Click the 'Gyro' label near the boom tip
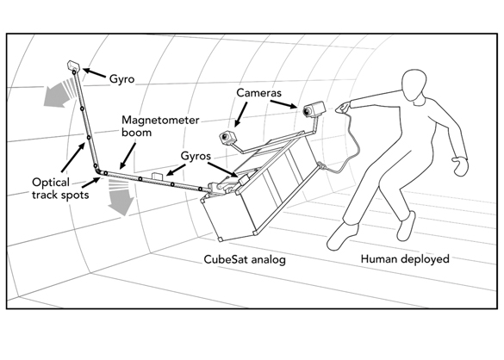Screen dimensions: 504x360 pyautogui.click(x=121, y=79)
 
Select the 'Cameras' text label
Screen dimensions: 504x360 pyautogui.click(x=258, y=93)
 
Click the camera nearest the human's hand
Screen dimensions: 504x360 pyautogui.click(x=314, y=109)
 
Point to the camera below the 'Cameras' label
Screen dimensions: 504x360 pyautogui.click(x=228, y=137)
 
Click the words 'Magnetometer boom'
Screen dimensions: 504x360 pyautogui.click(x=160, y=127)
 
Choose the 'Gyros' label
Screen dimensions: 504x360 pyautogui.click(x=196, y=156)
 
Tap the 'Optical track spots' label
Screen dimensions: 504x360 pyautogui.click(x=60, y=189)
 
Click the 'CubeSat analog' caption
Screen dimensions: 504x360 pyautogui.click(x=245, y=259)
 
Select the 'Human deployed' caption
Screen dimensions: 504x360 pyautogui.click(x=405, y=259)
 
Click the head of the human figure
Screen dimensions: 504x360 pyautogui.click(x=415, y=85)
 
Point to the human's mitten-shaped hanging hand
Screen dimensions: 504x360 pyautogui.click(x=460, y=165)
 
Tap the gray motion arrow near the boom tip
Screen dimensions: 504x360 pyautogui.click(x=59, y=93)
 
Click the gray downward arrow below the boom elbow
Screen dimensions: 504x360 pyautogui.click(x=121, y=197)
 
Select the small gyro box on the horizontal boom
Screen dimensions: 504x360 pyautogui.click(x=158, y=177)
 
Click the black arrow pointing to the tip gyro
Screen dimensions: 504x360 pyautogui.click(x=94, y=73)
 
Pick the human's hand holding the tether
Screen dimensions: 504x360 pyautogui.click(x=343, y=107)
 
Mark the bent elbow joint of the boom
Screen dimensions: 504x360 pyautogui.click(x=98, y=171)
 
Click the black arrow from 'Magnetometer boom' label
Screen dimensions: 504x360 pyautogui.click(x=128, y=156)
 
